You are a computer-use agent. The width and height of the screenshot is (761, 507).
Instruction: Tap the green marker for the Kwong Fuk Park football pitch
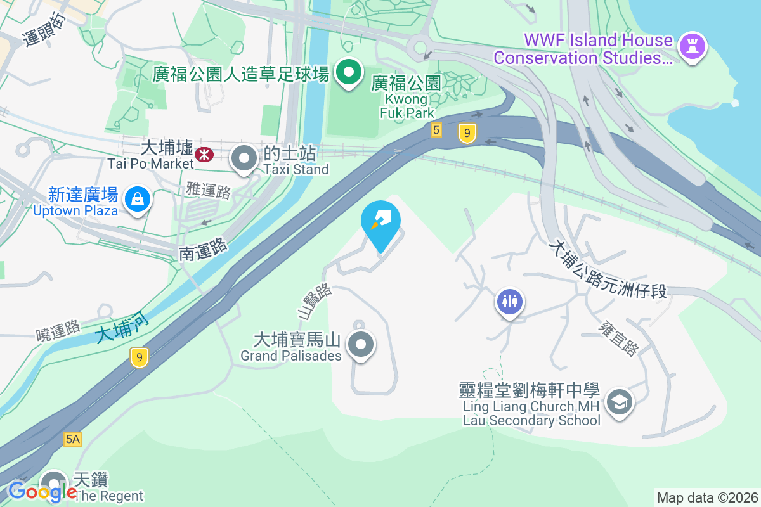348,72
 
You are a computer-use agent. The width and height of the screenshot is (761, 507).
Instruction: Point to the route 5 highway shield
436,131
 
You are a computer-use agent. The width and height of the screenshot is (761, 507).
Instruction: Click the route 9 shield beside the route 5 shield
467,133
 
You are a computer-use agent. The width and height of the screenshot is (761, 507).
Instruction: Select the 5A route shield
73,439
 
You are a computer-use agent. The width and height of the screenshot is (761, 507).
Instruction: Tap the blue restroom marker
510,301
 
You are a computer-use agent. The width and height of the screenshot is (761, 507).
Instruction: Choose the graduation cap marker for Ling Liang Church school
619,402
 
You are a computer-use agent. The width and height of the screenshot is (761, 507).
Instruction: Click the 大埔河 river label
123,326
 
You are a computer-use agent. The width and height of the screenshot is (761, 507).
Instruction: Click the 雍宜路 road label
618,337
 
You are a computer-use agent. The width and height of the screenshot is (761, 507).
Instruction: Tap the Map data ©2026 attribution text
706,498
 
